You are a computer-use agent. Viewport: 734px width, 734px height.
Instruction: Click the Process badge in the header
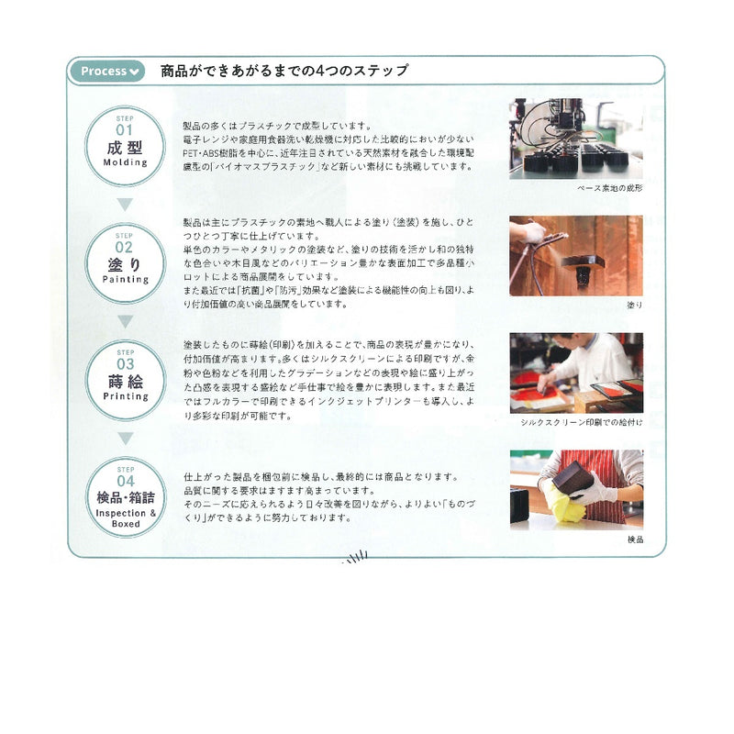109,71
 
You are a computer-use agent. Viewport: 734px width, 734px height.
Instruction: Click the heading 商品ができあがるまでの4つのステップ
284,71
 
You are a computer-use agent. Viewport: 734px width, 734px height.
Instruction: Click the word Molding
126,162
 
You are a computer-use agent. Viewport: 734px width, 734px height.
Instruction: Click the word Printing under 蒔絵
126,396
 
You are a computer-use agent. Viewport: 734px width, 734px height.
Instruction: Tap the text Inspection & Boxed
126,518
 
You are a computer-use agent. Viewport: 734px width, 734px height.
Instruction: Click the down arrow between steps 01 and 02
126,204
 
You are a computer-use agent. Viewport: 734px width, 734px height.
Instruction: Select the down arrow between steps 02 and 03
126,321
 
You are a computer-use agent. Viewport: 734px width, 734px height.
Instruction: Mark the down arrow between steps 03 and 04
126,438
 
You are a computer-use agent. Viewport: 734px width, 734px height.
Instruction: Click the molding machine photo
576,139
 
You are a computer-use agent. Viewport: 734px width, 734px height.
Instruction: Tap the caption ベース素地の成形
610,187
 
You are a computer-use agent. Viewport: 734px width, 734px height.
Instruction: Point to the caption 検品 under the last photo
635,539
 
